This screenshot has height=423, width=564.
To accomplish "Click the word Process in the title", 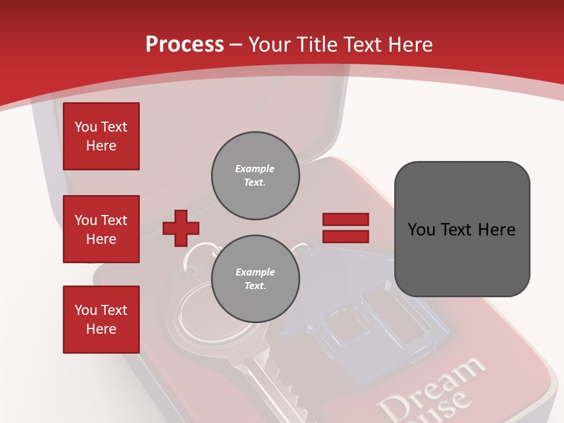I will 184,45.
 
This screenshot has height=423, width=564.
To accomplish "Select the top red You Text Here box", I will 101,136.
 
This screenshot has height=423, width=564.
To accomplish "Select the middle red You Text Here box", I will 101,229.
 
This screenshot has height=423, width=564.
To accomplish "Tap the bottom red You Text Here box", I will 101,320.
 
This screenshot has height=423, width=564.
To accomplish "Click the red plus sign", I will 181,228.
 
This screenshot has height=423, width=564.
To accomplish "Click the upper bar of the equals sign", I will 345,219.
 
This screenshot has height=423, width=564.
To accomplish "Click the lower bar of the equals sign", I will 345,236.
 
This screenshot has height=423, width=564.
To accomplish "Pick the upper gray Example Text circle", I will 256,176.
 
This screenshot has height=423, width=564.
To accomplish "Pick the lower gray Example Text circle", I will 256,279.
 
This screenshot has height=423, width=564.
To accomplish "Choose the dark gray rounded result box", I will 462,229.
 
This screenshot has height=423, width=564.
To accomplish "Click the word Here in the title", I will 409,45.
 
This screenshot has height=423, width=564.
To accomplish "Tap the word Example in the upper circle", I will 254,169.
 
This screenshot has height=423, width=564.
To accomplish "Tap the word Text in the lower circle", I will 254,286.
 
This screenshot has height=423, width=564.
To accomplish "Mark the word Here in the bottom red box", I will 101,329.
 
